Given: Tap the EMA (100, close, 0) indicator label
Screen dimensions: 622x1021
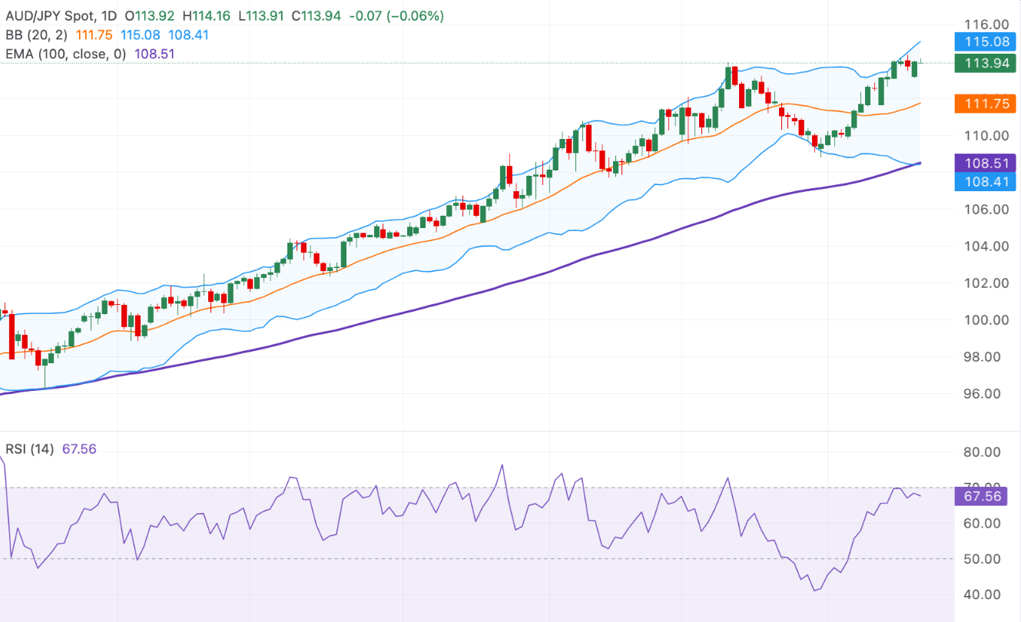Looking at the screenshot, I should tap(66, 54).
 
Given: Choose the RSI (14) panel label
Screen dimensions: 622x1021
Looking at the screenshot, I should tap(30, 448).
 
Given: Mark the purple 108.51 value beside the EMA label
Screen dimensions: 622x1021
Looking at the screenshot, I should tap(152, 54).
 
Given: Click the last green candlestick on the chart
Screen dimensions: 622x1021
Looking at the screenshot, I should tap(914, 68).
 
